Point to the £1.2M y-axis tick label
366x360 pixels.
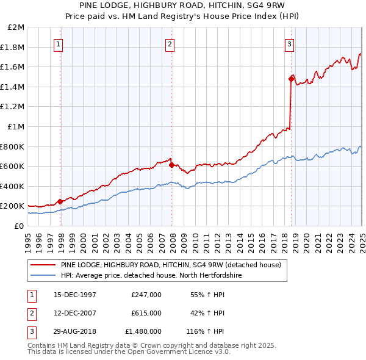click(12, 107)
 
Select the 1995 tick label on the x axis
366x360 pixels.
click(28, 238)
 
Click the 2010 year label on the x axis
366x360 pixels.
click(195, 238)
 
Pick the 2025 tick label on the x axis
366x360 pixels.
click(362, 238)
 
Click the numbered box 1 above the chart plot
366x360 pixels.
click(58, 43)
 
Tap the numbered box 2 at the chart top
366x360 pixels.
click(170, 43)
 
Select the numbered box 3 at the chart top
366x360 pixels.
click(289, 43)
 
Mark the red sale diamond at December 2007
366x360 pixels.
click(171, 165)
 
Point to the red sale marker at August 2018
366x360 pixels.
click(291, 79)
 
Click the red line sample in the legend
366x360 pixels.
click(43, 265)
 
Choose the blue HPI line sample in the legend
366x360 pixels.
click(43, 275)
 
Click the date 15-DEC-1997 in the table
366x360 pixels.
click(75, 295)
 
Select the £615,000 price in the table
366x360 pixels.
click(146, 313)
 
